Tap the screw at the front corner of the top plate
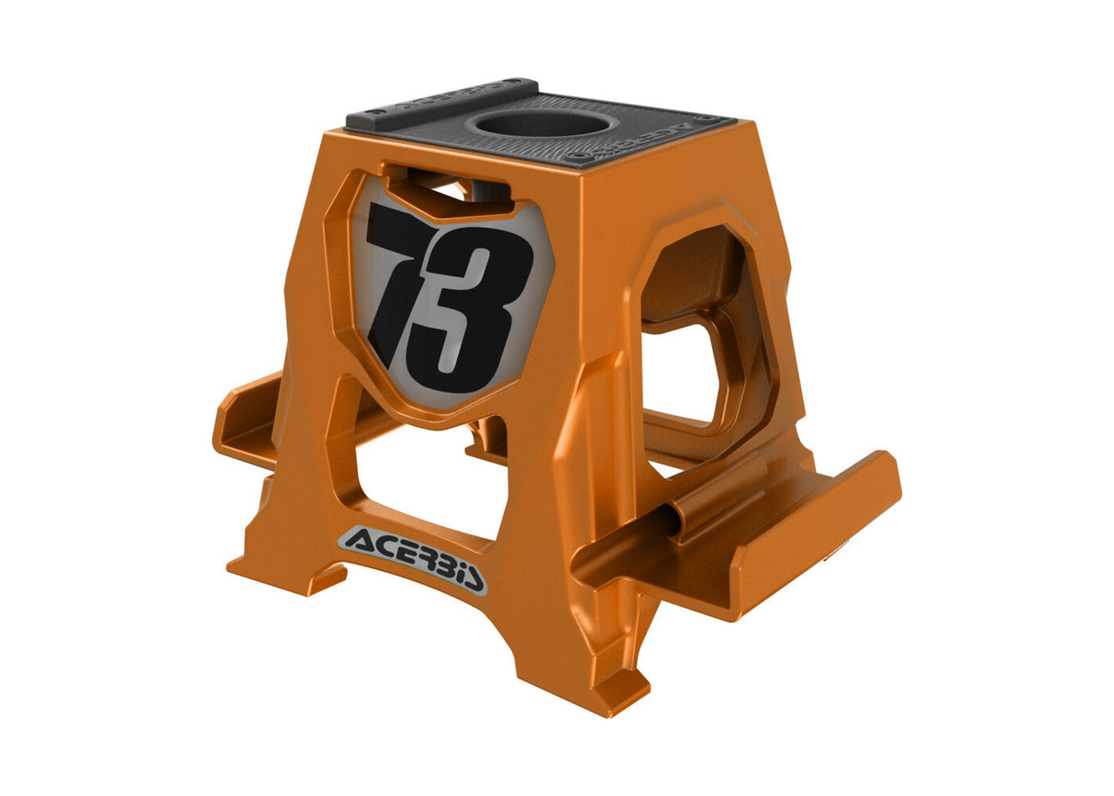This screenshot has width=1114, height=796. coord(577,157)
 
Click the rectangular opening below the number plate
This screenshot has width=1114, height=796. coord(422,477)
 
